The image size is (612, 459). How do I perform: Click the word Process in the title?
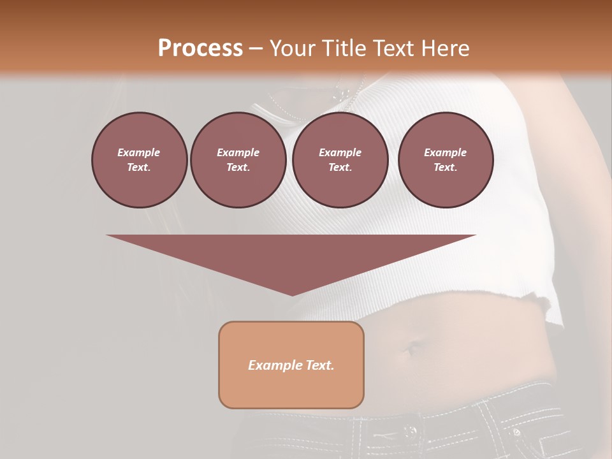point(200,48)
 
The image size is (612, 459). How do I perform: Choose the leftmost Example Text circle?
point(139,160)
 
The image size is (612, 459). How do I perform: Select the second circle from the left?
point(238,160)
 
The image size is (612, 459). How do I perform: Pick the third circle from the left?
point(340,160)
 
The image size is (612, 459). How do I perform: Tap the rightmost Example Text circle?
point(445,160)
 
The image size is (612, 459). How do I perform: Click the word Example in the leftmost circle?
point(139,152)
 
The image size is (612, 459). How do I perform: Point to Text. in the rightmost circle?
point(445,168)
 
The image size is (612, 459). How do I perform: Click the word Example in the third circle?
point(340,152)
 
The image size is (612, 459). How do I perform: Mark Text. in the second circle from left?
point(238,168)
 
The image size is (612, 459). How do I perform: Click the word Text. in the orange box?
point(319,365)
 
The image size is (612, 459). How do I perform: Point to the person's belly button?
point(408,349)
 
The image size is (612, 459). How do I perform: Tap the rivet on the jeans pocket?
point(516,432)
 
